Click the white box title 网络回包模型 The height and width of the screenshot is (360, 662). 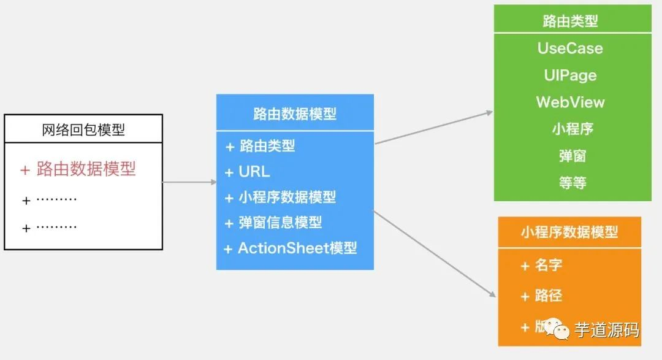(x=83, y=129)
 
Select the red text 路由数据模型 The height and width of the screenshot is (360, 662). (x=86, y=169)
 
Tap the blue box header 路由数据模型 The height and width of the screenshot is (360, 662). (x=295, y=113)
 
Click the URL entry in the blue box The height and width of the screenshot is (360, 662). (x=254, y=172)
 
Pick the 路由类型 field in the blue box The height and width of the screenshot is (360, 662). (x=267, y=146)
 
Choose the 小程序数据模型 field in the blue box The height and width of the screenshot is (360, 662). (x=287, y=197)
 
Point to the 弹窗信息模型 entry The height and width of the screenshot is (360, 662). (x=280, y=223)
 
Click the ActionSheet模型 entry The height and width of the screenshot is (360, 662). (x=297, y=248)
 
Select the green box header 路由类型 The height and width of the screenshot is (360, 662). (x=571, y=21)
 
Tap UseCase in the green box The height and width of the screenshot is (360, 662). (x=570, y=48)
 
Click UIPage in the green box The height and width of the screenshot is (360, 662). (x=570, y=75)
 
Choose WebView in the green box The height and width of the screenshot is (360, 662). (x=570, y=102)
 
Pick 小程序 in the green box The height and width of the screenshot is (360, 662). (x=573, y=129)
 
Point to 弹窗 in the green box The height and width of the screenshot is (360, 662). (x=573, y=156)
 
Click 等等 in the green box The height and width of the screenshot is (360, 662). (x=573, y=183)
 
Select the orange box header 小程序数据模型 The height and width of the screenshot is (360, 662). (x=569, y=232)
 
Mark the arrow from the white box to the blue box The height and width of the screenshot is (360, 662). (x=189, y=182)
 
